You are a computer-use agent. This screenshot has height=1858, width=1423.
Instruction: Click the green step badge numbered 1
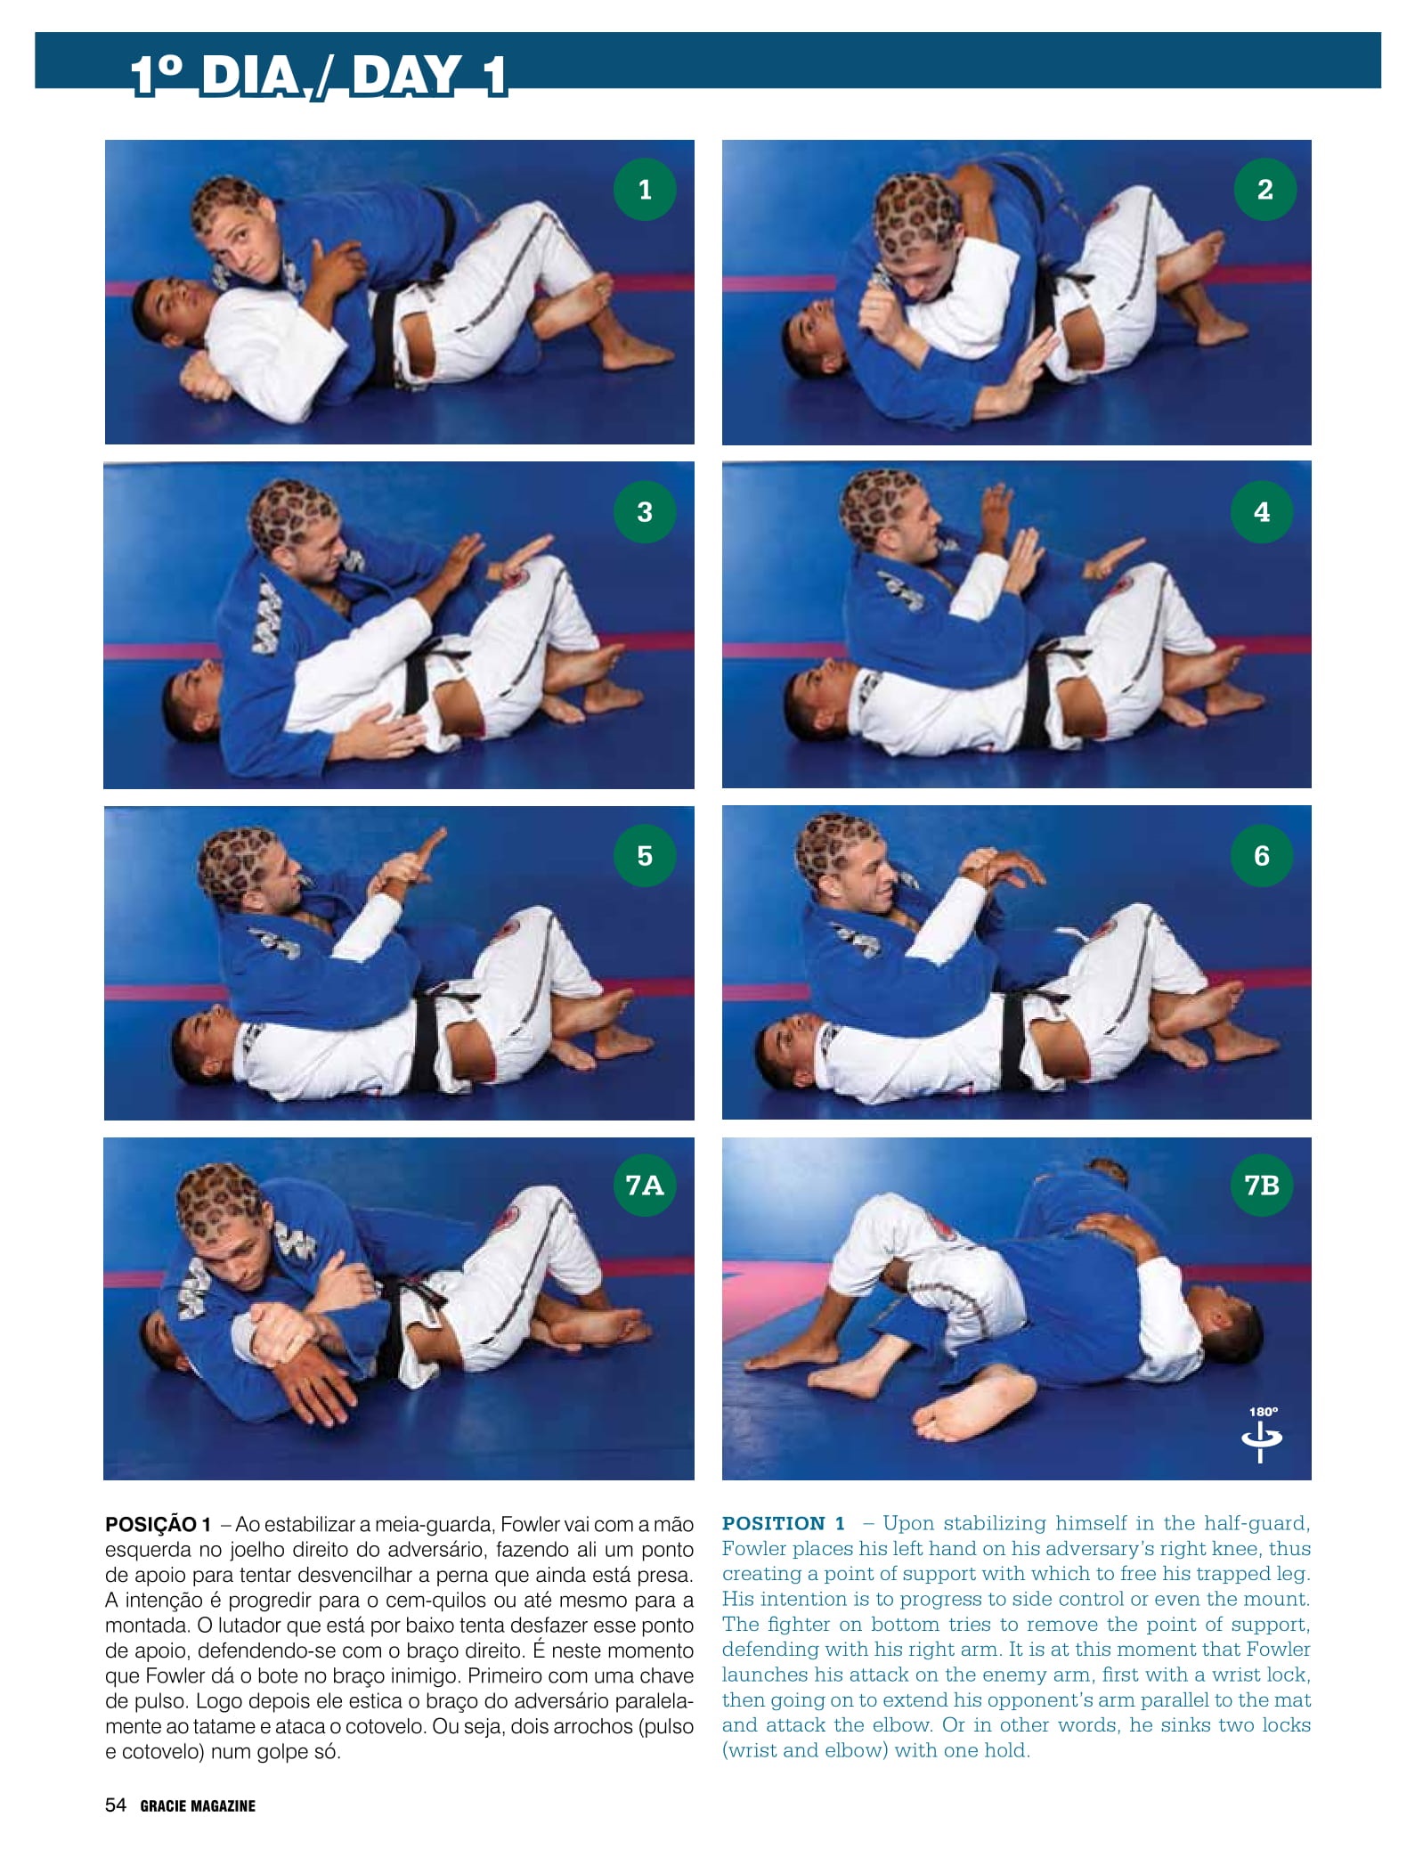(x=645, y=189)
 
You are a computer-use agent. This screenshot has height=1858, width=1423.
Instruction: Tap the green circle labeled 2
(x=1264, y=189)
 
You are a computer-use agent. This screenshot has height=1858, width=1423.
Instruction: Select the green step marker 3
(x=645, y=511)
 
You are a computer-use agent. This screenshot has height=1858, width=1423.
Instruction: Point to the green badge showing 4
(x=1262, y=511)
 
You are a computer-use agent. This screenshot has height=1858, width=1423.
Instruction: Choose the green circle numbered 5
(x=645, y=855)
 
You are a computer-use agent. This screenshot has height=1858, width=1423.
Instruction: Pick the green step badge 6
(x=1262, y=855)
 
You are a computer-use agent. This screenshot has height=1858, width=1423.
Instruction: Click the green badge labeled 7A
(x=645, y=1186)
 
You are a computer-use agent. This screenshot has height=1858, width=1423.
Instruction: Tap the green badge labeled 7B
(x=1262, y=1186)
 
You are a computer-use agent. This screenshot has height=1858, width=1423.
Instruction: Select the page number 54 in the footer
(x=116, y=1805)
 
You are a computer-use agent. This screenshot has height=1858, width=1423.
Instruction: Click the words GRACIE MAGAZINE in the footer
(x=198, y=1806)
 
